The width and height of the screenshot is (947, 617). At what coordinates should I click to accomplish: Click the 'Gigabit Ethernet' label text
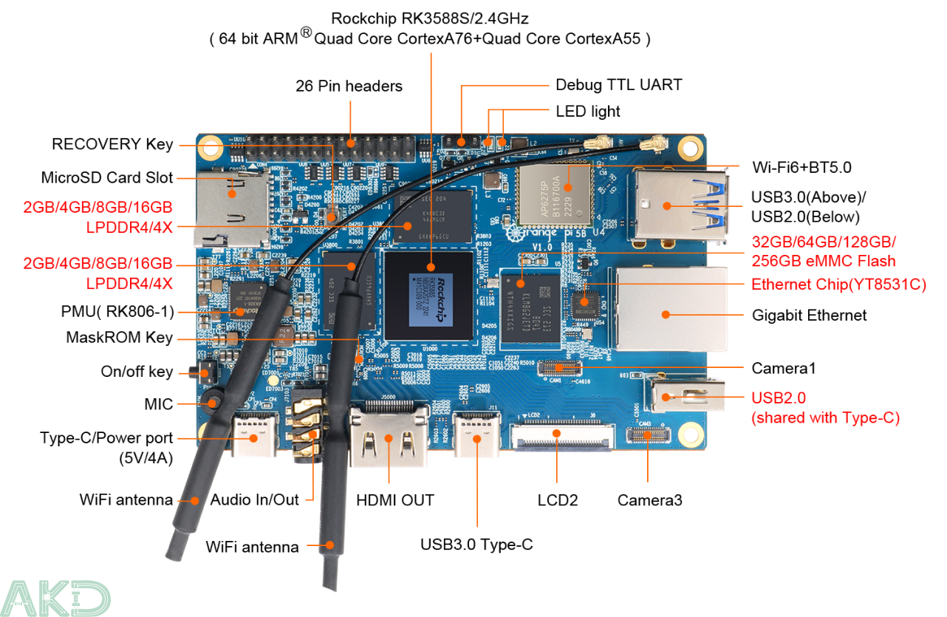coord(809,315)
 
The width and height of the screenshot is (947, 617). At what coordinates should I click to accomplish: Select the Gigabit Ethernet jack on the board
coord(661,309)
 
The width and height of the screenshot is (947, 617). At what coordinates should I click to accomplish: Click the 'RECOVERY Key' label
coord(112,144)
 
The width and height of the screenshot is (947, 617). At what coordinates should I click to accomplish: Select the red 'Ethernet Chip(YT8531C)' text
coord(838,284)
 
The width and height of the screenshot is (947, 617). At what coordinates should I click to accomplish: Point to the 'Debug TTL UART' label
coord(618,85)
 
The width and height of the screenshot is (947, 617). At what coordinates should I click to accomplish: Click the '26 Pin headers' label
coord(349,86)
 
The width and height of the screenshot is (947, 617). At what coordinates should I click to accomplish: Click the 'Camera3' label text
coord(649,500)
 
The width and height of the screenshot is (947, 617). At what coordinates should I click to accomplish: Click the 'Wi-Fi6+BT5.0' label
coord(801,167)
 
